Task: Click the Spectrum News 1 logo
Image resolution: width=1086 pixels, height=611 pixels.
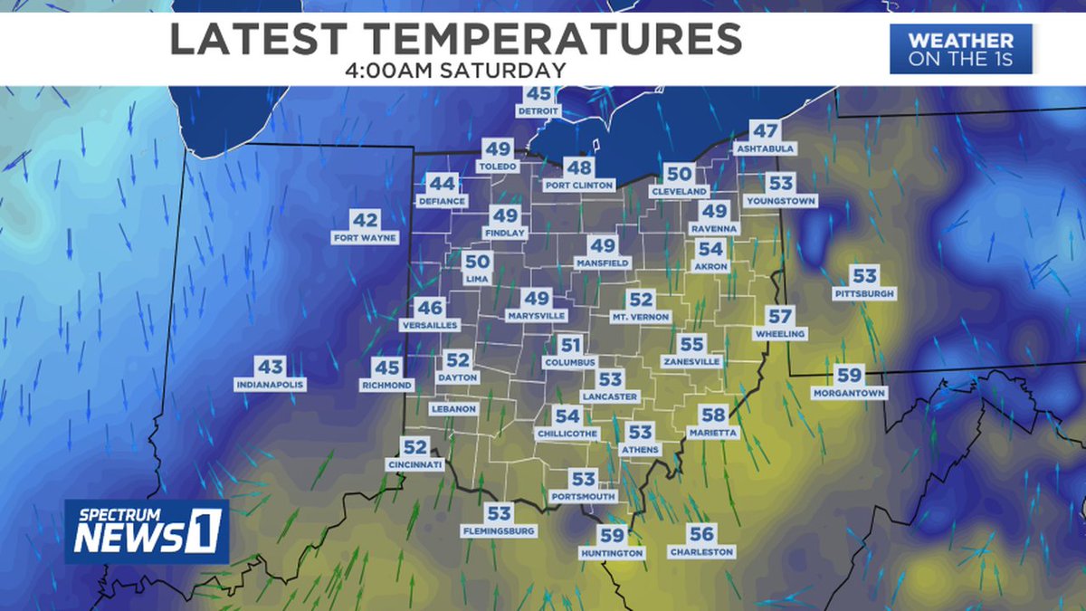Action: [x=146, y=531]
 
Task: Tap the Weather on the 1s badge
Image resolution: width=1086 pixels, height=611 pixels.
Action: [x=960, y=50]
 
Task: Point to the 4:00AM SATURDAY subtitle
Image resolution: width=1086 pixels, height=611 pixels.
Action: [x=455, y=70]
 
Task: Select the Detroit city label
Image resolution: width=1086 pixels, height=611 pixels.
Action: [x=538, y=111]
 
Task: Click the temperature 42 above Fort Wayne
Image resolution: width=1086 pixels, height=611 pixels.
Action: [x=366, y=220]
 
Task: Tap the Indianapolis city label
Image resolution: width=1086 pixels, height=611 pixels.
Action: [x=271, y=385]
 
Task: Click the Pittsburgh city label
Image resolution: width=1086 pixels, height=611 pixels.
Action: [x=864, y=294]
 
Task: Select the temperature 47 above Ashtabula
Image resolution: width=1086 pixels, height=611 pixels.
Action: [x=766, y=130]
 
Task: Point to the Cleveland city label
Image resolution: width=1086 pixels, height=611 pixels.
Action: [x=679, y=192]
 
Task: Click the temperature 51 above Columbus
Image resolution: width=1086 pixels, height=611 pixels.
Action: [x=570, y=345]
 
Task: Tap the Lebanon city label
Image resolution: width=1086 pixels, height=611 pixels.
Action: [x=453, y=409]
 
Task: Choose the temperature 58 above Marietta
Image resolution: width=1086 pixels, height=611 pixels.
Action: [x=713, y=415]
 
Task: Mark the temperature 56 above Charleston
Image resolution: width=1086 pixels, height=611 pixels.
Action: [x=701, y=534]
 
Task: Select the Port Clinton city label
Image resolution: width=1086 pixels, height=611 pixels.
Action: [x=579, y=185]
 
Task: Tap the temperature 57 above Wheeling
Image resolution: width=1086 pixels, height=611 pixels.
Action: [x=780, y=316]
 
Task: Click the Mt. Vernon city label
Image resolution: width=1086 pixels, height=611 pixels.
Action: [x=641, y=318]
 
